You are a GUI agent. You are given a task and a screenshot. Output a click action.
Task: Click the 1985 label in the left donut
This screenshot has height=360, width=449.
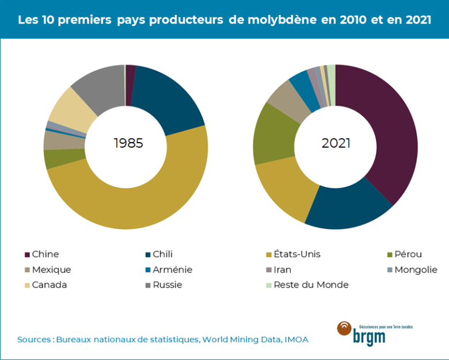[128, 143]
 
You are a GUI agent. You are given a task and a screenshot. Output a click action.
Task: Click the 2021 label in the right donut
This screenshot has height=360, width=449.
[336, 143]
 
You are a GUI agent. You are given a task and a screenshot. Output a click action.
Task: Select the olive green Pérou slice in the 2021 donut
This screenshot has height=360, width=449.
[275, 133]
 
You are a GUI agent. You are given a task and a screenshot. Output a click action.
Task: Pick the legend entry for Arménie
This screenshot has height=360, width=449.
[172, 270]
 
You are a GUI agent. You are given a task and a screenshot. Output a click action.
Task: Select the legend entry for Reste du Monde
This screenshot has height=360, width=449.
[311, 285]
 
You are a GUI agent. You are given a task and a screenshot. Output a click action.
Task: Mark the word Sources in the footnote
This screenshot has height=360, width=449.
[33, 340]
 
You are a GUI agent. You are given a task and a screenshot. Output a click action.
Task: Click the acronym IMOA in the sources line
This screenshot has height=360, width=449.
[296, 340]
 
